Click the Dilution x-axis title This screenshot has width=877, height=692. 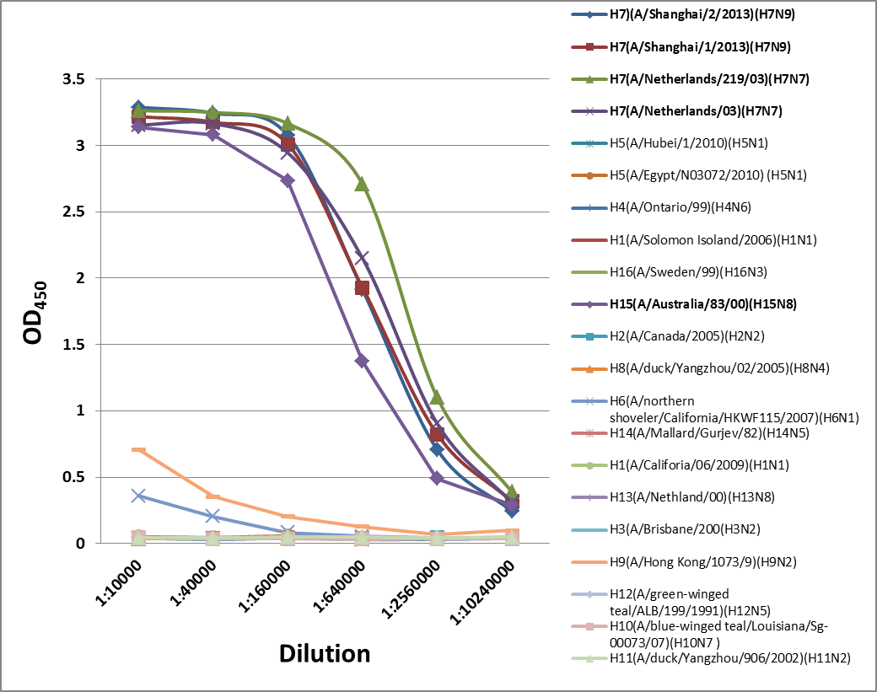tap(325, 653)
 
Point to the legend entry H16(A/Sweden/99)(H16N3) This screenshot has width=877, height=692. tap(688, 272)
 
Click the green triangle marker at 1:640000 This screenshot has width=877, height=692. tap(362, 184)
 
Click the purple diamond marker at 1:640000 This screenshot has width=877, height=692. tap(362, 361)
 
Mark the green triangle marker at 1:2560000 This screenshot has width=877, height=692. tap(437, 397)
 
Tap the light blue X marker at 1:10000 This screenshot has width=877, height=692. tap(138, 496)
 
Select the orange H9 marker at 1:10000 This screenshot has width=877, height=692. tap(138, 450)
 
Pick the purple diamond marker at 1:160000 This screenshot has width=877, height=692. tap(288, 180)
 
